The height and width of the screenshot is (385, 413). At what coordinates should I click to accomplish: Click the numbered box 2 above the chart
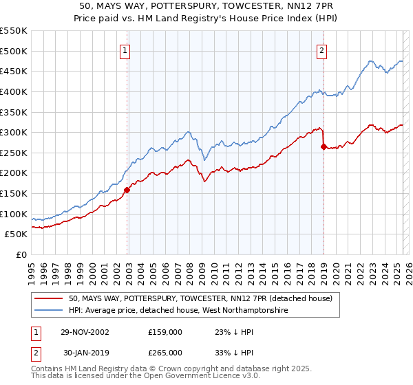[x=321, y=49]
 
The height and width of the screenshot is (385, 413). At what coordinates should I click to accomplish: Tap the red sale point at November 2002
[x=127, y=190]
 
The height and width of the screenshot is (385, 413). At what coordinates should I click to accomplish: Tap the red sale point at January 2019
[x=323, y=146]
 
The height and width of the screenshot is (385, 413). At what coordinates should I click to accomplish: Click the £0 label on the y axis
[x=21, y=254]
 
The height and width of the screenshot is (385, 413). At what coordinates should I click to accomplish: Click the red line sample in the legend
[x=49, y=298]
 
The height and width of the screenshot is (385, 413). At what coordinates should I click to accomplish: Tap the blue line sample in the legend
[x=49, y=311]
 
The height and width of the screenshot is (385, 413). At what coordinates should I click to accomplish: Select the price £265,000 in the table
[x=165, y=353]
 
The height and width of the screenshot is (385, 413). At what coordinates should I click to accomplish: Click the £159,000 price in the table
[x=165, y=332]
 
